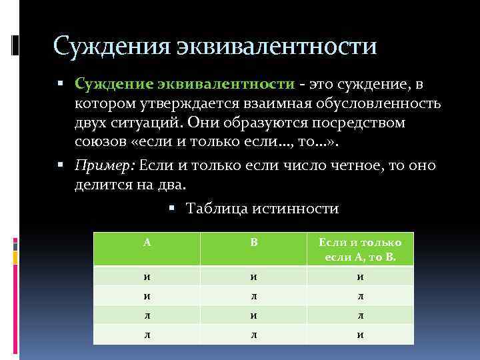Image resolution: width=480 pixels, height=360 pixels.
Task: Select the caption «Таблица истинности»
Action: tap(263, 209)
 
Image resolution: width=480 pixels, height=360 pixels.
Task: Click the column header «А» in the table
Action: tap(147, 242)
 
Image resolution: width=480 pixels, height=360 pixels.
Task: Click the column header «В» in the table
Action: tap(254, 242)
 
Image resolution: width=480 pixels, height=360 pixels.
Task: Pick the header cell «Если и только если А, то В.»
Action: tap(360, 249)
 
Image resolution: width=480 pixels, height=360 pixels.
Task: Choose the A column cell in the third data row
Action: tap(147, 314)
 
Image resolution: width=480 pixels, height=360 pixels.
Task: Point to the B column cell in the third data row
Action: tap(254, 314)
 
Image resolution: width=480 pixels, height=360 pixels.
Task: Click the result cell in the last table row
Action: tap(360, 334)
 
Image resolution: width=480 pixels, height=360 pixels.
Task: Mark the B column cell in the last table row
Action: tap(254, 334)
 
